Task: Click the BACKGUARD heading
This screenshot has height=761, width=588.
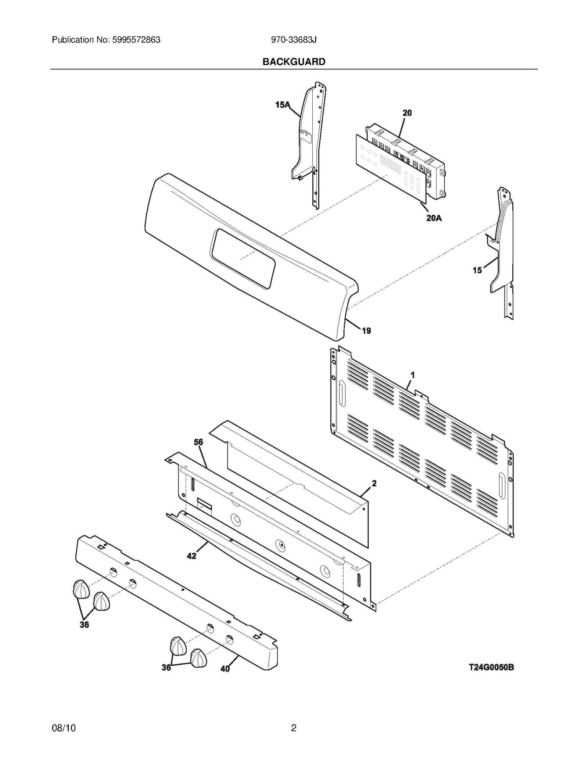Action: [294, 62]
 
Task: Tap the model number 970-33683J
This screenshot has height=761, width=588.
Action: [294, 40]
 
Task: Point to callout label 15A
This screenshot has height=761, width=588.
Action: [282, 105]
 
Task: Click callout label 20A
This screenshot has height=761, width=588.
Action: [434, 218]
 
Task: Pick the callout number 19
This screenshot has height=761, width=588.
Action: [366, 331]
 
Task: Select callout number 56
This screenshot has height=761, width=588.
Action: [198, 442]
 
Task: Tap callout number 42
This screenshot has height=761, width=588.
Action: [191, 556]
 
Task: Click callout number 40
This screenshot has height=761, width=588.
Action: [225, 669]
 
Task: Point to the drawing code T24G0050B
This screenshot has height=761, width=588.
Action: [491, 667]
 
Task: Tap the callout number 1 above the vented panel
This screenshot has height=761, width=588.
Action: [413, 375]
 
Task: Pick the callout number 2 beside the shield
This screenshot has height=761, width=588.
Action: [374, 484]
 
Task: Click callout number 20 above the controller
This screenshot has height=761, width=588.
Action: [407, 113]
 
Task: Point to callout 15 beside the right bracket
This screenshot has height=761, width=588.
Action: [477, 270]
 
